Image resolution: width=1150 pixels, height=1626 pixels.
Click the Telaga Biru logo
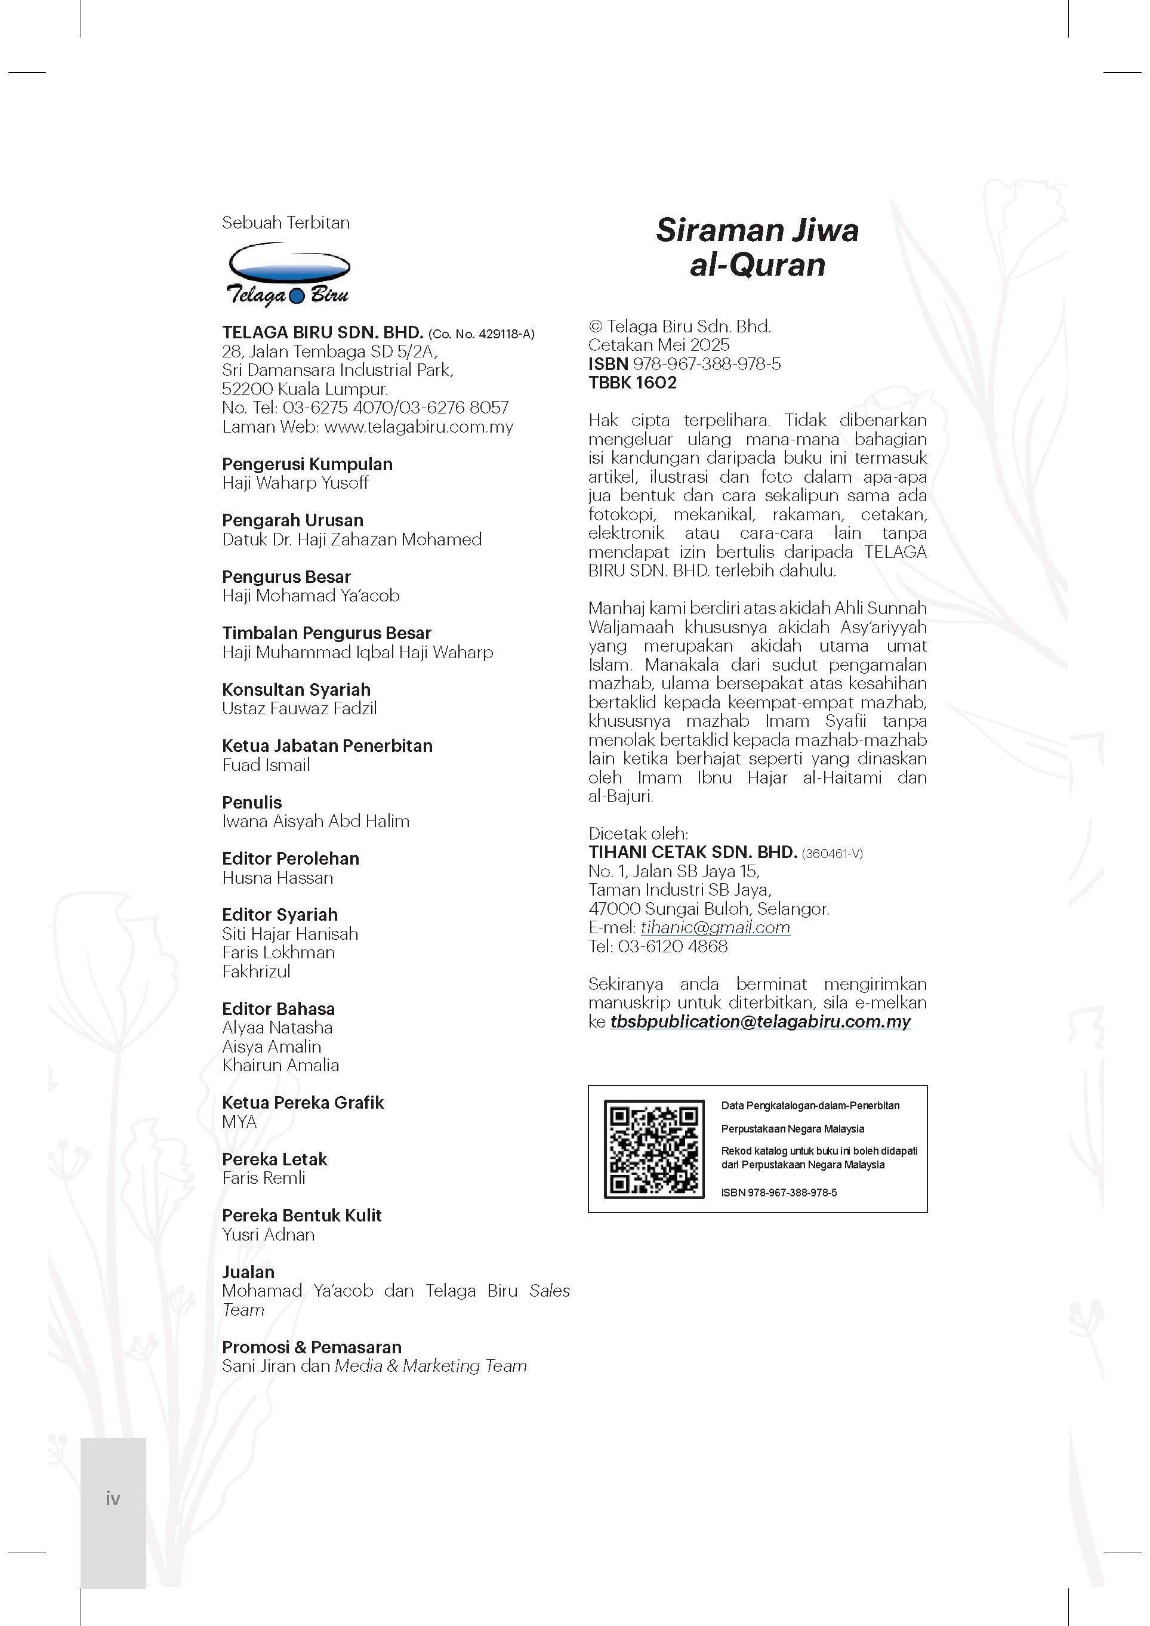[x=287, y=274]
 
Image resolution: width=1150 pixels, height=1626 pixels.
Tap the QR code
[x=653, y=1149]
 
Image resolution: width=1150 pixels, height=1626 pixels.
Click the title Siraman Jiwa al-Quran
[x=757, y=247]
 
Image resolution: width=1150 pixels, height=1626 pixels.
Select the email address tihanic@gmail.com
[x=715, y=928]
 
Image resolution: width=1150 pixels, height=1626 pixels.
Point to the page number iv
[x=113, y=1498]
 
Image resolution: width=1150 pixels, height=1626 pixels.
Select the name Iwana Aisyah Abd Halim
[x=315, y=822]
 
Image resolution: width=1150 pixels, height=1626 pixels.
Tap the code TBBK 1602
[x=633, y=383]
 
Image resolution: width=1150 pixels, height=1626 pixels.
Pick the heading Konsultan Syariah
[x=296, y=690]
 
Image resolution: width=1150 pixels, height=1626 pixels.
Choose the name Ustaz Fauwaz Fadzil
[x=299, y=709]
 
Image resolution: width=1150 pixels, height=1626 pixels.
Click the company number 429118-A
[x=505, y=334]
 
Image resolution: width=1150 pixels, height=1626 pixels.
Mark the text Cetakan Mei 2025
[x=659, y=345]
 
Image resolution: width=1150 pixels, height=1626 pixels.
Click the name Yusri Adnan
[x=268, y=1235]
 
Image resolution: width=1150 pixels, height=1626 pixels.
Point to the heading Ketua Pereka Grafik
[x=303, y=1103]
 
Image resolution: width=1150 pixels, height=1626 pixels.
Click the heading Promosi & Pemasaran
[x=312, y=1347]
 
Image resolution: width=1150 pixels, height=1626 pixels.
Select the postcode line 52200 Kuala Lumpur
[x=304, y=389]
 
